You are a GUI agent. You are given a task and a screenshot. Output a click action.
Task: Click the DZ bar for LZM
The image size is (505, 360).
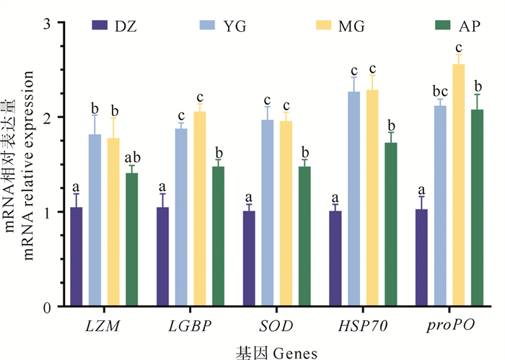coord(76,257)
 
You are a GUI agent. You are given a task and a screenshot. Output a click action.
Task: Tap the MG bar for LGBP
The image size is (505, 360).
coord(200,208)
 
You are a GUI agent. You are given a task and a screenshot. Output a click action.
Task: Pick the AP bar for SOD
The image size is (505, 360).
coord(304,237)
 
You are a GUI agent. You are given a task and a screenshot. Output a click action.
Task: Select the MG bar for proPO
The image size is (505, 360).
coord(458,185)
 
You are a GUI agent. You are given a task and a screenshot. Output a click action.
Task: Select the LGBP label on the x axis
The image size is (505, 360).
coord(190,326)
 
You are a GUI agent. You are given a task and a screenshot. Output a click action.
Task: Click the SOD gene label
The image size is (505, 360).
coord(277,326)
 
